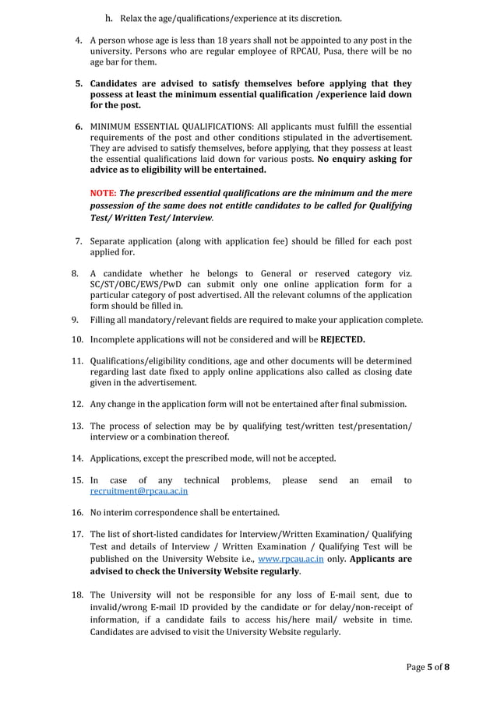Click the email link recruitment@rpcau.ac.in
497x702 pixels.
click(x=139, y=492)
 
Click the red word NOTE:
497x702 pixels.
click(x=103, y=193)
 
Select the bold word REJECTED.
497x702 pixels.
click(x=342, y=340)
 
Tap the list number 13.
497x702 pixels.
click(x=78, y=426)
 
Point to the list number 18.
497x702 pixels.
click(x=78, y=595)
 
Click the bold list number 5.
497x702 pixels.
click(x=79, y=83)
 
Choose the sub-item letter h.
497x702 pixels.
click(x=109, y=18)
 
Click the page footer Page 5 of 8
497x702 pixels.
click(x=428, y=668)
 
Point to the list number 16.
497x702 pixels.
click(x=78, y=512)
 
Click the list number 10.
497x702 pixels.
click(x=78, y=340)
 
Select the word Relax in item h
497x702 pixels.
click(x=132, y=18)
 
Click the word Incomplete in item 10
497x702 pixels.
click(x=117, y=340)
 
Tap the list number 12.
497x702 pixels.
click(x=78, y=404)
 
